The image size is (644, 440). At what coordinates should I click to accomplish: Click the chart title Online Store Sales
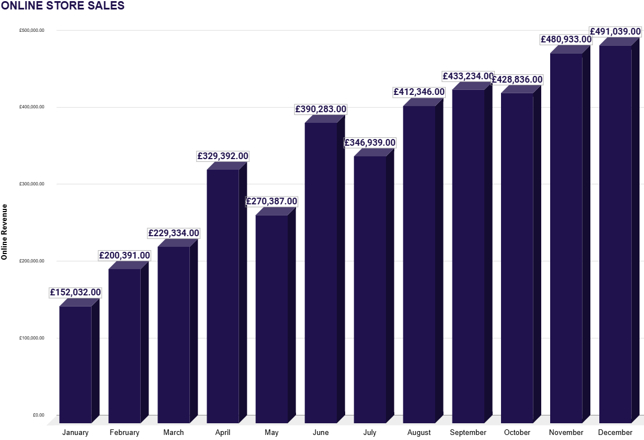(x=63, y=6)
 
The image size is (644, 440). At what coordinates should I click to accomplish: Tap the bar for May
(x=271, y=319)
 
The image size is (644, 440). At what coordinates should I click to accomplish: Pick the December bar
(x=615, y=234)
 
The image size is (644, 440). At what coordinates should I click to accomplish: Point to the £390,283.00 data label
(x=321, y=109)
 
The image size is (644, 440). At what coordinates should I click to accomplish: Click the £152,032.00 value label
(x=75, y=293)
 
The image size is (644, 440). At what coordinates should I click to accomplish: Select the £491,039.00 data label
(x=615, y=32)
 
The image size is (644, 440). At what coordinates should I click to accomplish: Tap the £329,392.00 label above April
(x=223, y=156)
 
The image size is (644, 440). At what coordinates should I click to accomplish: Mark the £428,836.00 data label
(x=517, y=80)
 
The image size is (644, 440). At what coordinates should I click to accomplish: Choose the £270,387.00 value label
(x=272, y=202)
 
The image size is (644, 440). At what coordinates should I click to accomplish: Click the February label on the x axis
(x=125, y=433)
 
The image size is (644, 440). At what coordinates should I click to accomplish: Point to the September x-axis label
(x=468, y=433)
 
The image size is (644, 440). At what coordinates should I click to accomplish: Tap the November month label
(x=566, y=433)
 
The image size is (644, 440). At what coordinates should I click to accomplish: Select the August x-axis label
(x=419, y=433)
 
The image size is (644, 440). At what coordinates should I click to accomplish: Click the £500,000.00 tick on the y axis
(x=31, y=30)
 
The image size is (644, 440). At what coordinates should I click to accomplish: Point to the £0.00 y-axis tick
(x=39, y=415)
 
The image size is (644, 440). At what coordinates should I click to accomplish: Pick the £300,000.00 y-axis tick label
(x=31, y=184)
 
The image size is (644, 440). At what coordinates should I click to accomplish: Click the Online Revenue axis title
(x=4, y=232)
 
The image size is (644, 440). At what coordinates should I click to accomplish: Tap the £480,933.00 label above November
(x=566, y=40)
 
